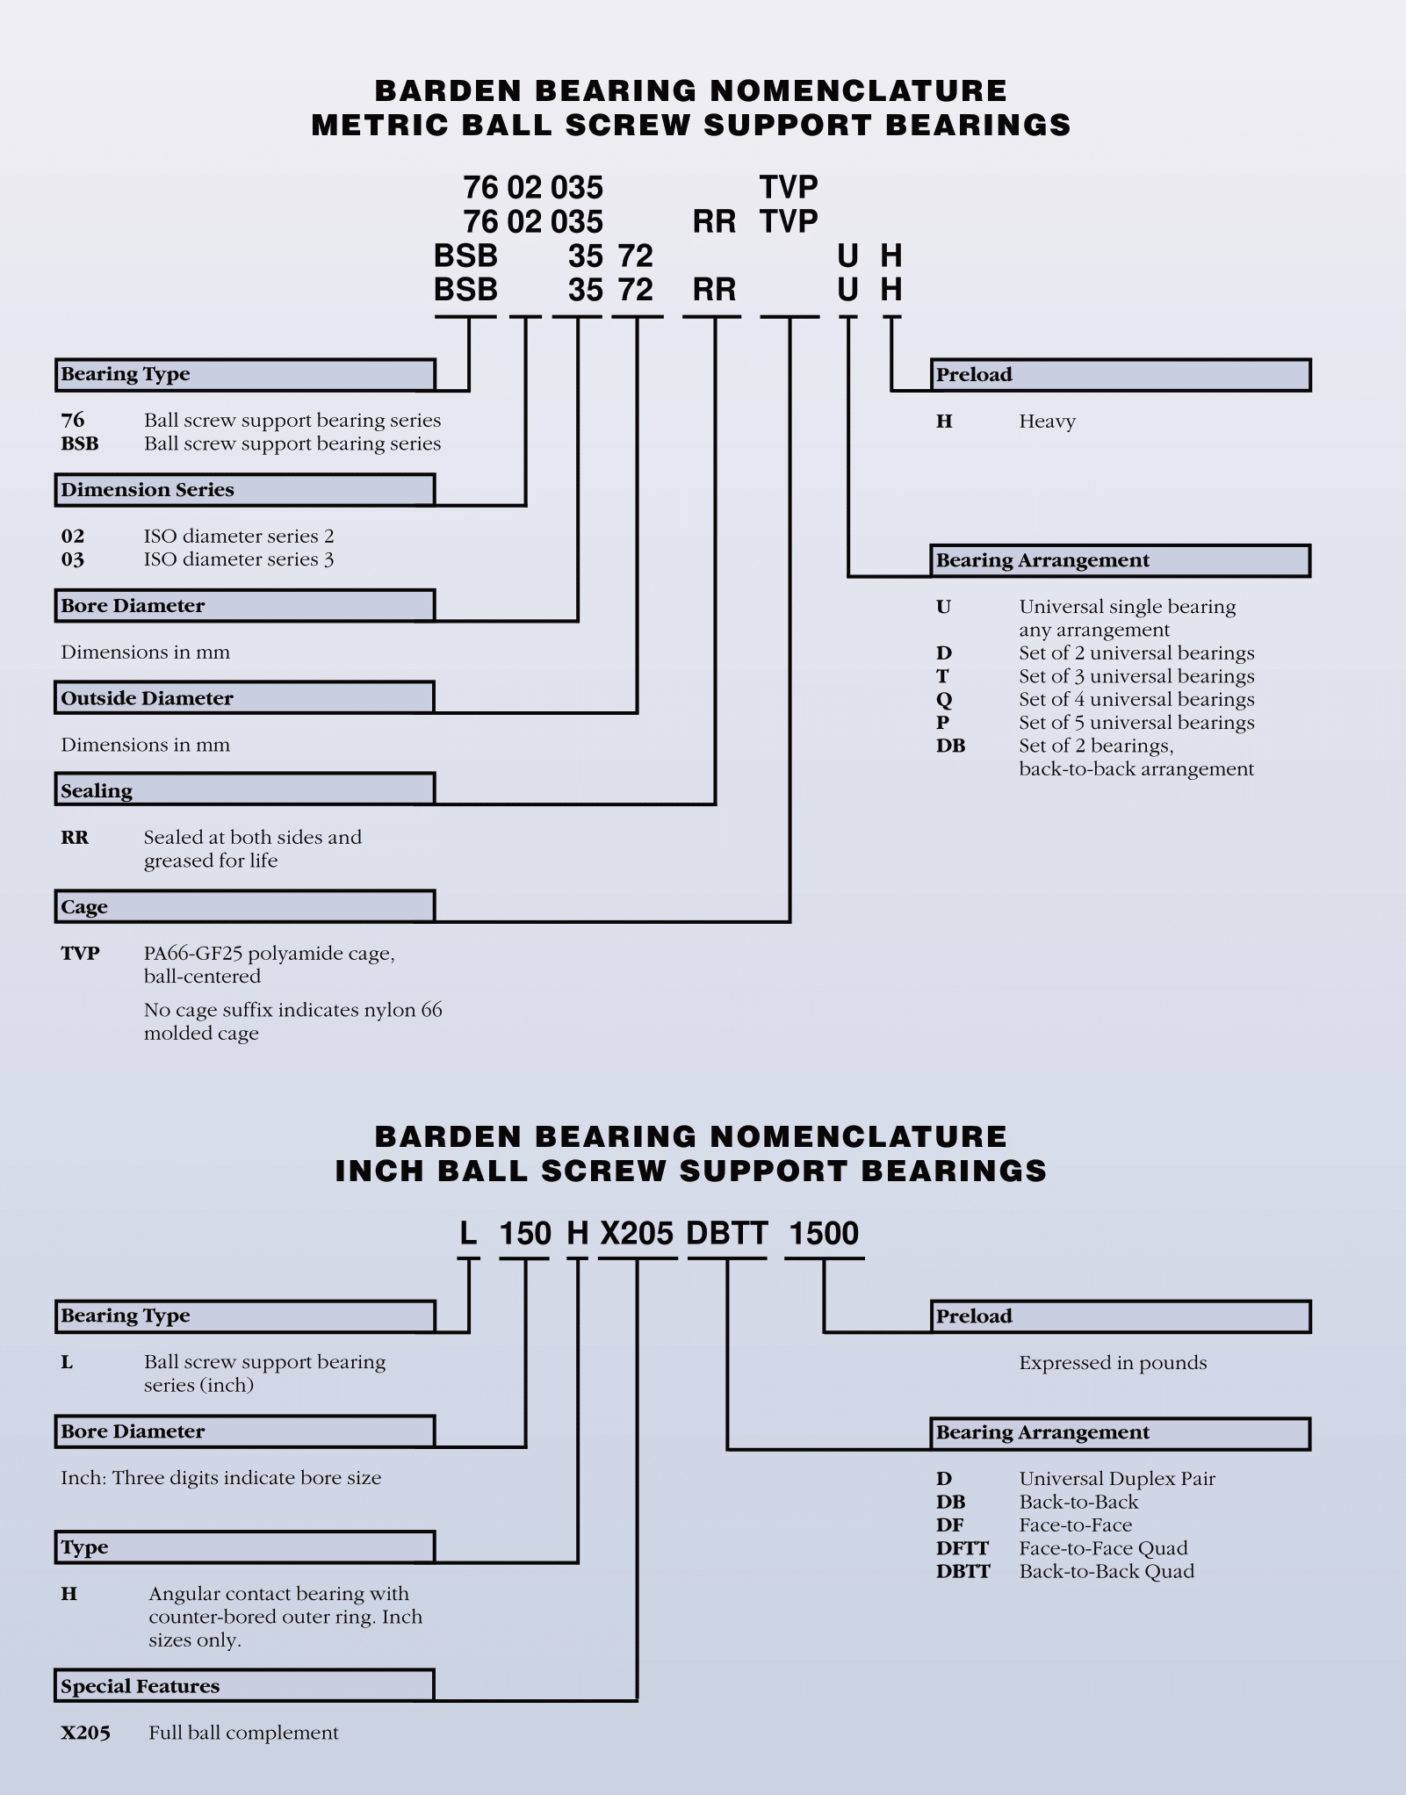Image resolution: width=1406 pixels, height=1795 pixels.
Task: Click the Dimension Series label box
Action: (x=245, y=490)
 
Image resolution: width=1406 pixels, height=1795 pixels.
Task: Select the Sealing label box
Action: (x=245, y=789)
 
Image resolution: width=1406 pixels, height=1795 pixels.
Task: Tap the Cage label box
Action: (x=245, y=906)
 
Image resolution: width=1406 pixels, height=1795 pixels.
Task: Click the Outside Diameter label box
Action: (x=245, y=697)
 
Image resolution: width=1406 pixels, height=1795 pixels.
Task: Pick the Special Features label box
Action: (x=245, y=1685)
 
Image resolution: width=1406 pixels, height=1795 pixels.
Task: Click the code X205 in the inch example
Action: (x=637, y=1234)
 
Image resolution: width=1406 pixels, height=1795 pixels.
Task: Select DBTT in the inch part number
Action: (x=727, y=1234)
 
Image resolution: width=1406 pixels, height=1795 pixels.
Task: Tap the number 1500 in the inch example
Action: (x=824, y=1234)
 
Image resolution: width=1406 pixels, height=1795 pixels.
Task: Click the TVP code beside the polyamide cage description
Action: (x=80, y=954)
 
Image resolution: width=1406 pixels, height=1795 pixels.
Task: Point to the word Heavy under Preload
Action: (x=1047, y=422)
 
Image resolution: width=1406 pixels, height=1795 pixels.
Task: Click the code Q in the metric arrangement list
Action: (x=944, y=700)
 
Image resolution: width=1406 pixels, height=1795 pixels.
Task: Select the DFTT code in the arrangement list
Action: (x=963, y=1548)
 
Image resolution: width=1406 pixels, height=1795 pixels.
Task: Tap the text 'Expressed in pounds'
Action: (x=1113, y=1363)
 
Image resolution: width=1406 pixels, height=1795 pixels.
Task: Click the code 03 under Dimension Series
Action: (x=73, y=559)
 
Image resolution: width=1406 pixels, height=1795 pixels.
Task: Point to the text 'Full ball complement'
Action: (x=243, y=1733)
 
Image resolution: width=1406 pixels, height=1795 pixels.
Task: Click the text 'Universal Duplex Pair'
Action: (x=1117, y=1479)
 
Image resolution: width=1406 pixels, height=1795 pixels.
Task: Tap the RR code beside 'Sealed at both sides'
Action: (x=75, y=838)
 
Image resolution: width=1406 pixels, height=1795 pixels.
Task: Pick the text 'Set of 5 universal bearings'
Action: (x=1136, y=723)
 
